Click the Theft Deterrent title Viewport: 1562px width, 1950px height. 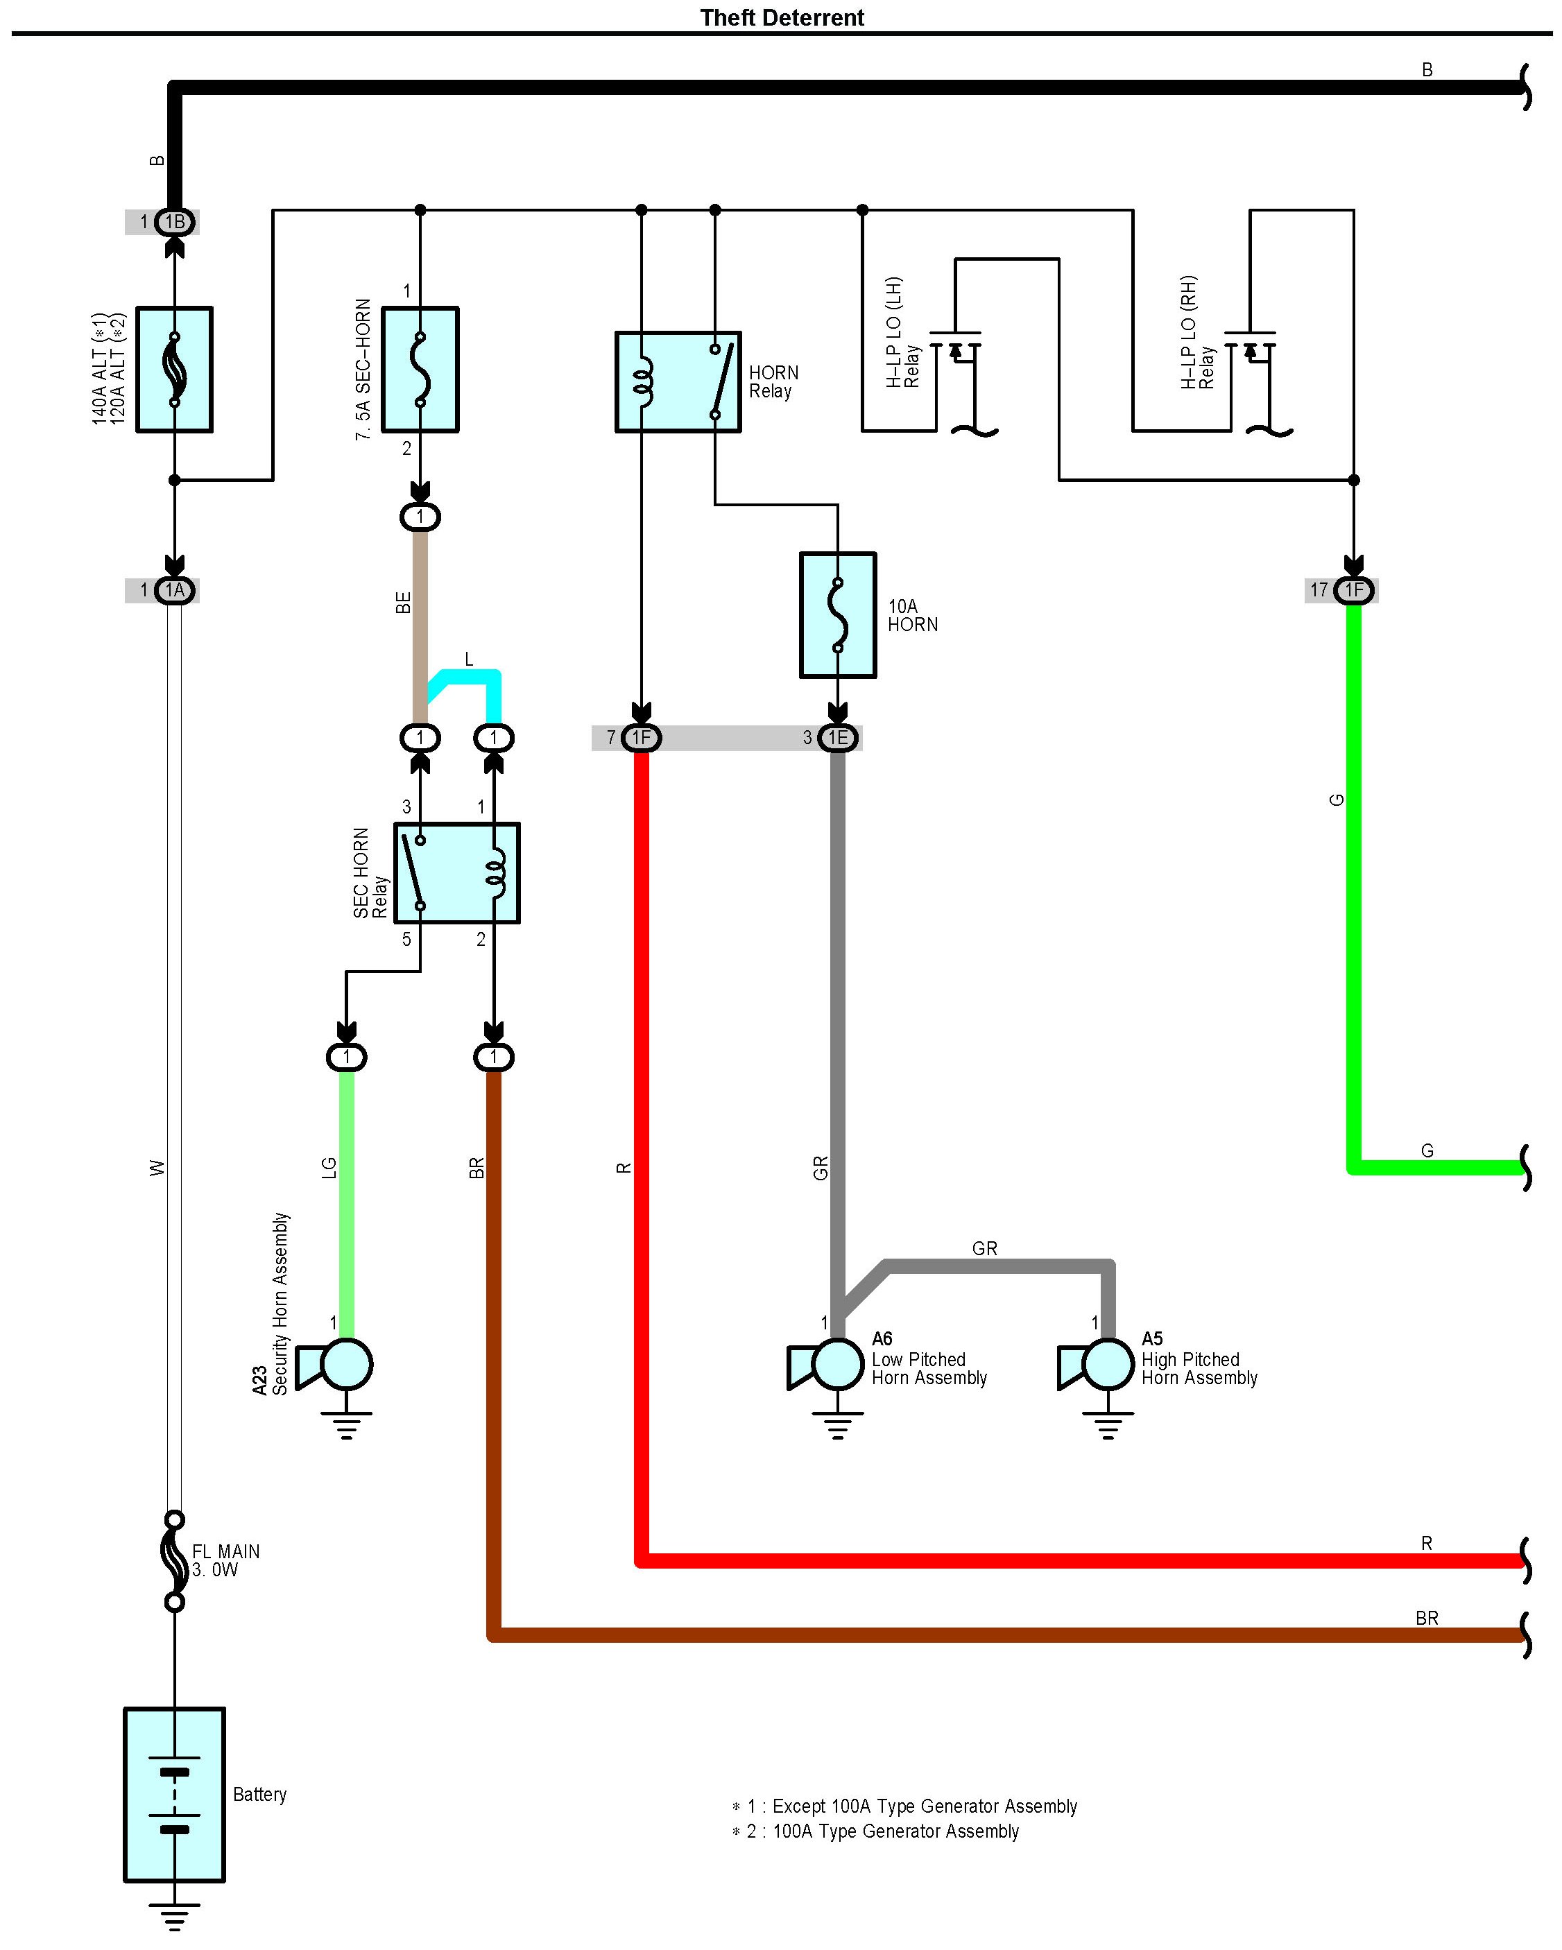point(782,18)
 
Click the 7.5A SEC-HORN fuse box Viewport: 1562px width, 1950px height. point(420,369)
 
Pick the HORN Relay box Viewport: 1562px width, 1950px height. point(678,381)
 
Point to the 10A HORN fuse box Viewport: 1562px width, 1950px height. point(837,614)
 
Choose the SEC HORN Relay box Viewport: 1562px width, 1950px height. point(457,873)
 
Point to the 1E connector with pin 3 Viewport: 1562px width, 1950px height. point(837,738)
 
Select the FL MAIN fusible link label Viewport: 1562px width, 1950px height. point(225,1560)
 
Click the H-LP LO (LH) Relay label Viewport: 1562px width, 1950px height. point(902,333)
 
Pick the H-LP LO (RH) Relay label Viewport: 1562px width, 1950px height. point(1197,333)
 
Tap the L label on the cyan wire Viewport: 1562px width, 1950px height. point(468,659)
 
